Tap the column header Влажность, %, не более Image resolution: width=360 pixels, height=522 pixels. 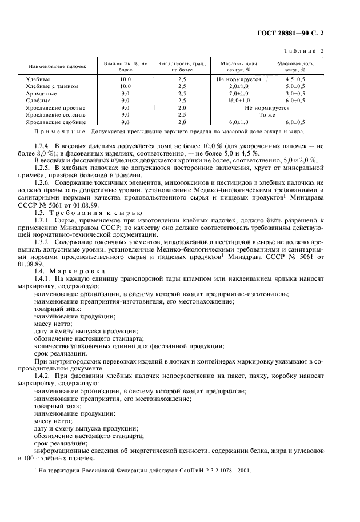coord(125,66)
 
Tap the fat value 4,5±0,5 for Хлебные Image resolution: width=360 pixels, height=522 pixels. coord(295,78)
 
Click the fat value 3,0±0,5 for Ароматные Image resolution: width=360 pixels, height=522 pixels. coord(295,93)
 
